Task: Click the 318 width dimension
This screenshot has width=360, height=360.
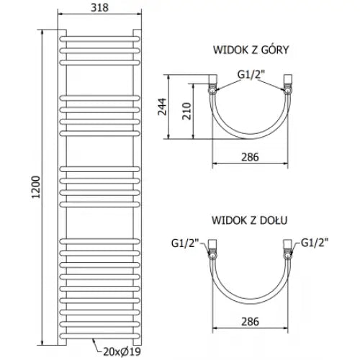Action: tap(99, 8)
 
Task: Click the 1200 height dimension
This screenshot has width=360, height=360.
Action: tap(36, 187)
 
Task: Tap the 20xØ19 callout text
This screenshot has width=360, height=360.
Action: tap(122, 352)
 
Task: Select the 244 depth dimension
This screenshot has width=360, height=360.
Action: tap(162, 107)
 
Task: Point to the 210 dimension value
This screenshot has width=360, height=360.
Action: tap(186, 111)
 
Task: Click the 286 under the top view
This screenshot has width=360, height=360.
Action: tap(250, 157)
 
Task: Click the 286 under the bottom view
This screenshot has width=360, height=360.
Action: tap(250, 322)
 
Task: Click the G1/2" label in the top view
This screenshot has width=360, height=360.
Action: tap(251, 74)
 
